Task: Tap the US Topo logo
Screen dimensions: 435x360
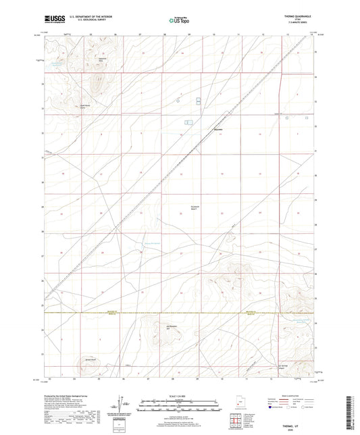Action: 178,20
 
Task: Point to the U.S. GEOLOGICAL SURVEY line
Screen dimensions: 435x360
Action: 76,22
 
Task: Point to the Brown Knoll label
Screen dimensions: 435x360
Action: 89,359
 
